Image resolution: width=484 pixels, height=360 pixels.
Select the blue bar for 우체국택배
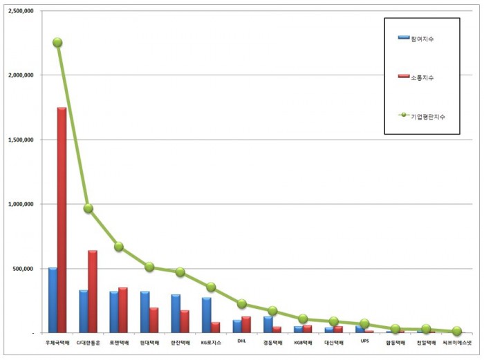tap(53, 300)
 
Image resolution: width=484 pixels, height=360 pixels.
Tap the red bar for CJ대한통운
tap(92, 291)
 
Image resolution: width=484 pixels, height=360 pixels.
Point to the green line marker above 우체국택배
tap(57, 42)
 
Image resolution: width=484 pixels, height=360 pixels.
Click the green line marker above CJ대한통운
tap(88, 208)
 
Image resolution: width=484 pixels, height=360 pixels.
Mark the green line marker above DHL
tap(241, 303)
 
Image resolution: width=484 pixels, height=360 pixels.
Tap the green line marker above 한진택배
tap(180, 272)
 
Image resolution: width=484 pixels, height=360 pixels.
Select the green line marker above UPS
tap(364, 323)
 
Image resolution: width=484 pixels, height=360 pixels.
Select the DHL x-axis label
tap(241, 341)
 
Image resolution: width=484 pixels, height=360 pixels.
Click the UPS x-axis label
tap(364, 341)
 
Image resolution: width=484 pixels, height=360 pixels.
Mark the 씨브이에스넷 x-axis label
tap(456, 342)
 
